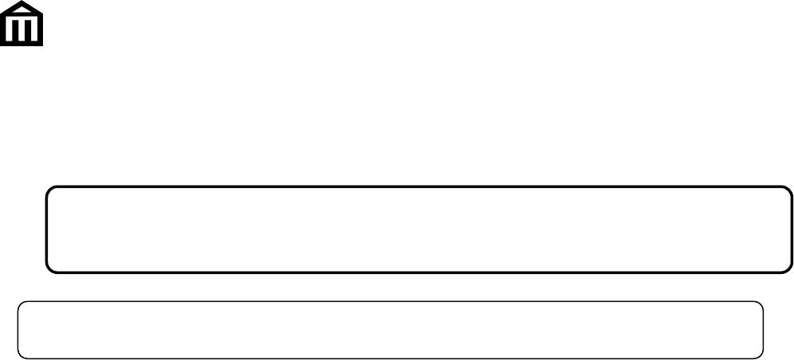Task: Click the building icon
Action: [x=22, y=23]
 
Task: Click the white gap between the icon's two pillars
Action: [x=22, y=30]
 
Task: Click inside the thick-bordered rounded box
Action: [x=420, y=229]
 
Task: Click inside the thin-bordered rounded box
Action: [x=390, y=330]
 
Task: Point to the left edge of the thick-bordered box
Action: [x=47, y=229]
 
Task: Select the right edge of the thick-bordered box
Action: [x=792, y=229]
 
